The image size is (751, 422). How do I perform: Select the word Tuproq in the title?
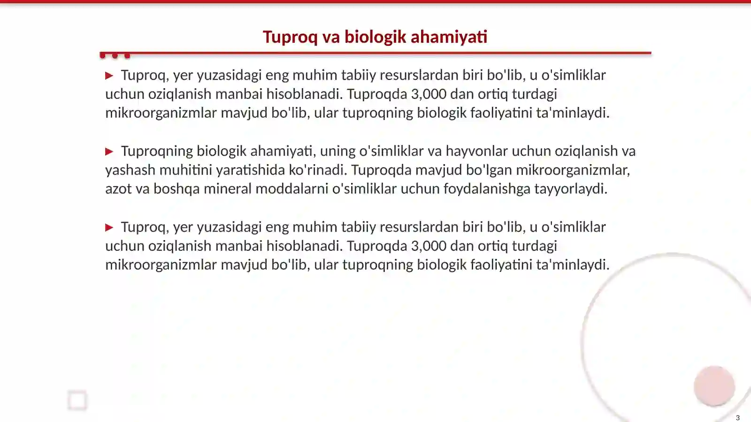[290, 37]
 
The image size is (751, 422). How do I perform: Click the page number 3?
[737, 417]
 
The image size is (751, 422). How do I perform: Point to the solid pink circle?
[714, 386]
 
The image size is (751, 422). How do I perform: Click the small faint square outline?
[77, 400]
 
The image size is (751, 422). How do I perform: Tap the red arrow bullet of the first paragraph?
[109, 75]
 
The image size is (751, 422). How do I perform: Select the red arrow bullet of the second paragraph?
[109, 151]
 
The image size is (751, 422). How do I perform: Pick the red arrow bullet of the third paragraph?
[109, 227]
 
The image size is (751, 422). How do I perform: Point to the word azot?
[118, 188]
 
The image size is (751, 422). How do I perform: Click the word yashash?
[130, 170]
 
